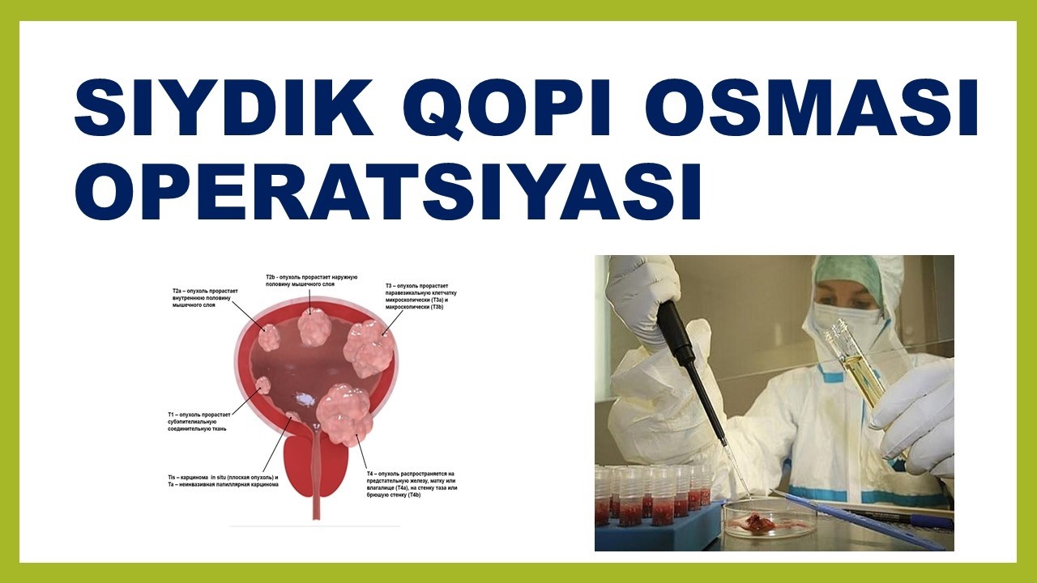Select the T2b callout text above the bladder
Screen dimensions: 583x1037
pos(301,281)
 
